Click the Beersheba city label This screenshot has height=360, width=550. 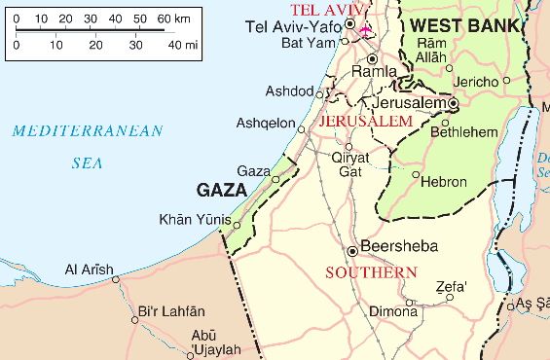[x=399, y=246]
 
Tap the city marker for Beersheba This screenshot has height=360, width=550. [x=352, y=247]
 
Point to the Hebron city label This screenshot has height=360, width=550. [x=447, y=181]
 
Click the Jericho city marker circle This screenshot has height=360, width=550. [x=450, y=68]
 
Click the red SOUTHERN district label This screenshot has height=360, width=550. [x=364, y=272]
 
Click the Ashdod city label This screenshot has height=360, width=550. [x=289, y=91]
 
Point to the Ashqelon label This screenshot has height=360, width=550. [x=266, y=123]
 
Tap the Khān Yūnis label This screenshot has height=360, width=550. [x=195, y=219]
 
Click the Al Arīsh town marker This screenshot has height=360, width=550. [x=116, y=279]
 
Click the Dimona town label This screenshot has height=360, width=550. [x=391, y=312]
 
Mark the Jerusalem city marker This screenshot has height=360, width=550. [x=454, y=102]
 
